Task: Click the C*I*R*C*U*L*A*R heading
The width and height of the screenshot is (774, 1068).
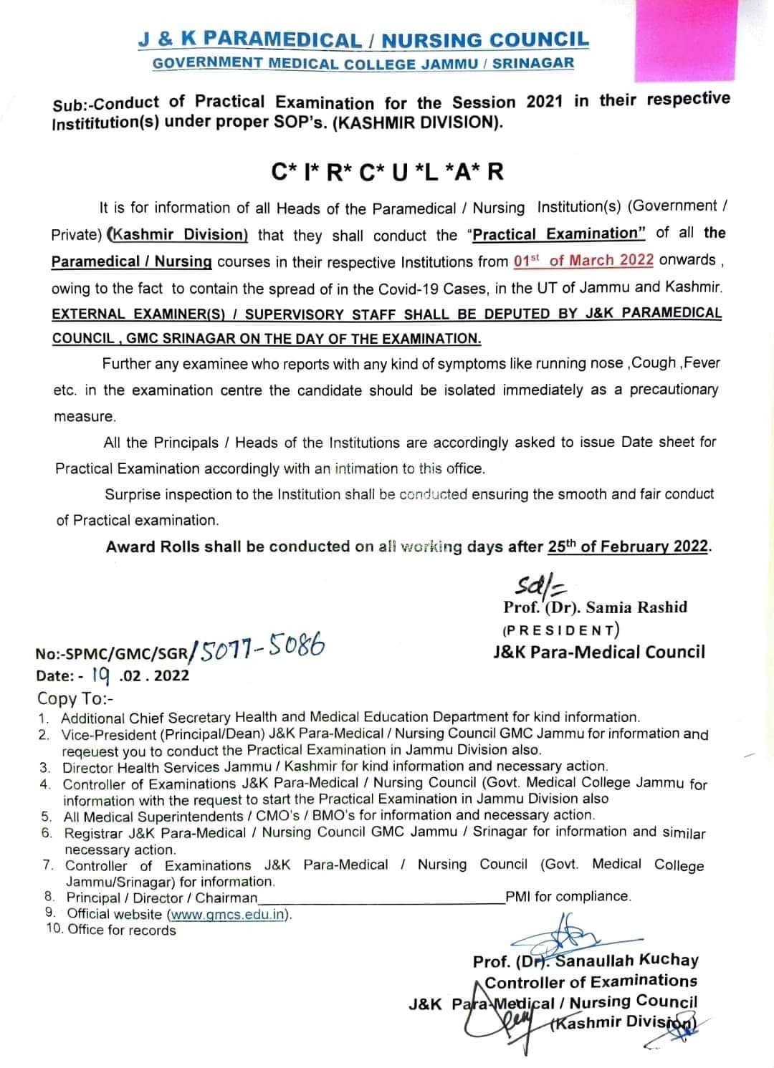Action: coord(387,172)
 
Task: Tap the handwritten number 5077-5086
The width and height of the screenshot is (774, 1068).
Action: coord(264,649)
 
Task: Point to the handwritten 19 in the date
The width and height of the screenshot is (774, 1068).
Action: coord(99,673)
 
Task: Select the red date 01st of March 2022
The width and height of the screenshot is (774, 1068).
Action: coord(583,260)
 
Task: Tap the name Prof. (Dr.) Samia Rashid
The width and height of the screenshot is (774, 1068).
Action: coord(595,607)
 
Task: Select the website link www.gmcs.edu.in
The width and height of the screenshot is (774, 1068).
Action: coord(228,914)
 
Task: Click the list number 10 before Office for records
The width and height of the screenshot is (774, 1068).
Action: coord(54,930)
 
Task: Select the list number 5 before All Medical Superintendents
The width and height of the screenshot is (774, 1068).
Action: coord(47,816)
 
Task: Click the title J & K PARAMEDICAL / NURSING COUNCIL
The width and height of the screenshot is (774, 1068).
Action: coord(363,40)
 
